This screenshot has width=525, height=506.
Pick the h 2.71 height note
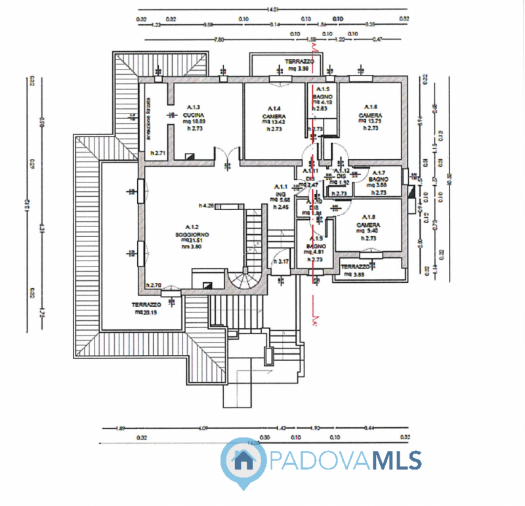[156, 153]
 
